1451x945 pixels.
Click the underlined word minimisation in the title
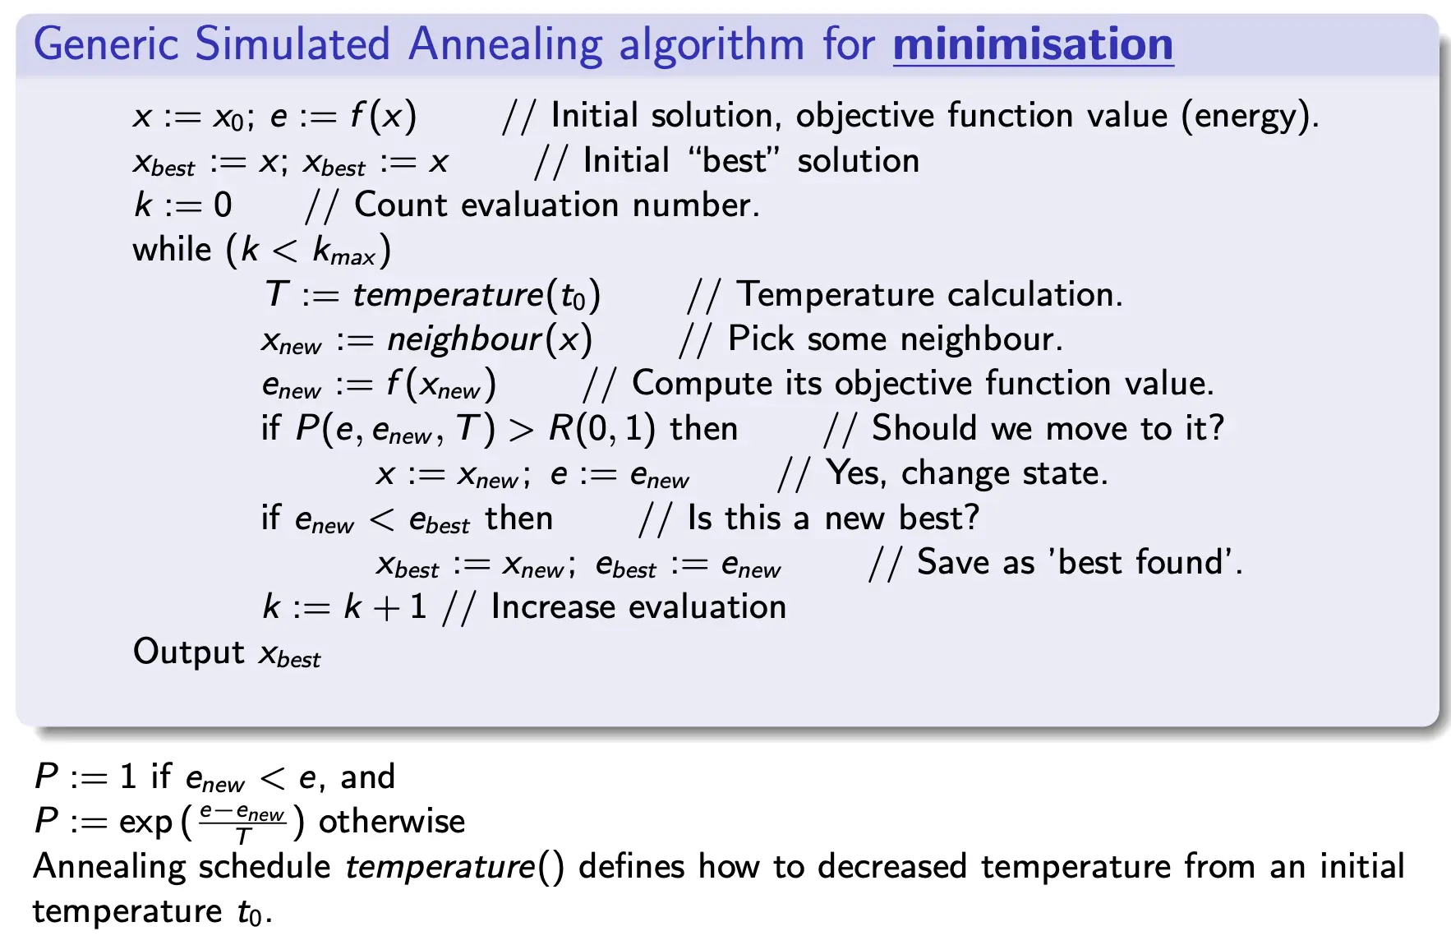[x=1033, y=44]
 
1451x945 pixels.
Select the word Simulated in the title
[x=293, y=44]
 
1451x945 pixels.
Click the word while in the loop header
[x=172, y=248]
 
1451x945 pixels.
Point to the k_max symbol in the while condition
[x=343, y=250]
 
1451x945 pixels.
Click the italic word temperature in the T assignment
[x=449, y=294]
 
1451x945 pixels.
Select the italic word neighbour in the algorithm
[x=465, y=339]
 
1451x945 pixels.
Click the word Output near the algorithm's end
[x=188, y=652]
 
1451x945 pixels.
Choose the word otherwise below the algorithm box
[x=391, y=822]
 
